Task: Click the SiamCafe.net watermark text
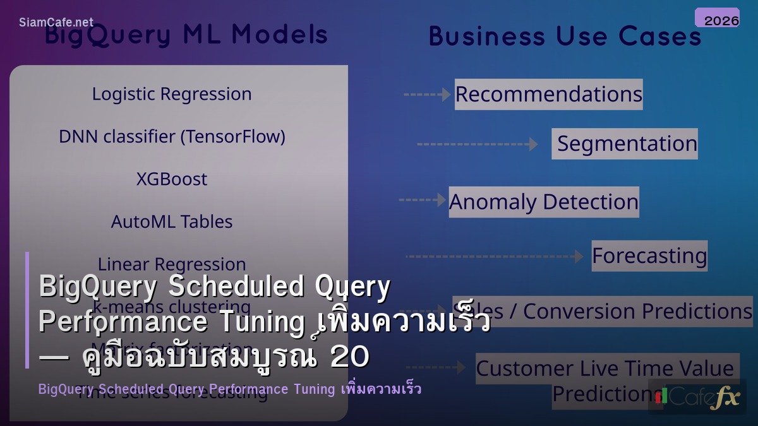[56, 22]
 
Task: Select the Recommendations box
[548, 94]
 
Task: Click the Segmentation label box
[625, 143]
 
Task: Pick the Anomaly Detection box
[543, 202]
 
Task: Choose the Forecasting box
[649, 256]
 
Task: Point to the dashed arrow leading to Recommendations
[427, 95]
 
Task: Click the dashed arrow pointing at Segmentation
[477, 145]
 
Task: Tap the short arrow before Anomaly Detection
[422, 200]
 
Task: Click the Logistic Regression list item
[172, 94]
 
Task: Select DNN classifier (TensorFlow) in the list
[172, 136]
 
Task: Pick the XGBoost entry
[172, 179]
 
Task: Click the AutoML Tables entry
[172, 222]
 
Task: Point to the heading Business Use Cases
[565, 36]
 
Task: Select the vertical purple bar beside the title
[27, 310]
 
